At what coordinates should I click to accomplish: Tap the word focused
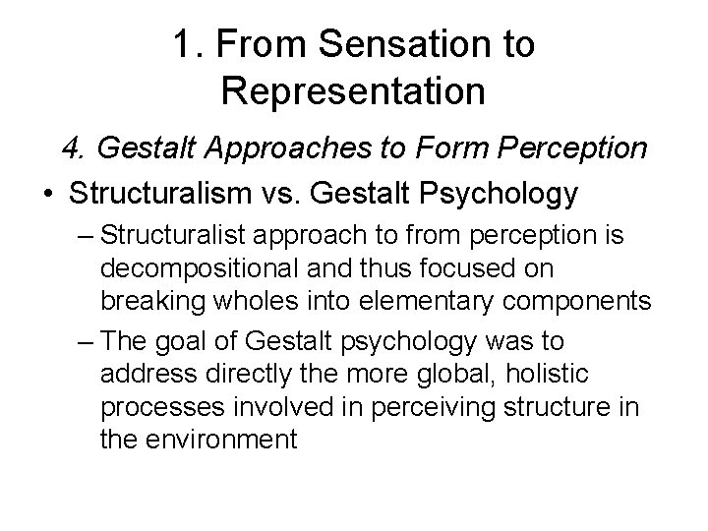click(x=502, y=269)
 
